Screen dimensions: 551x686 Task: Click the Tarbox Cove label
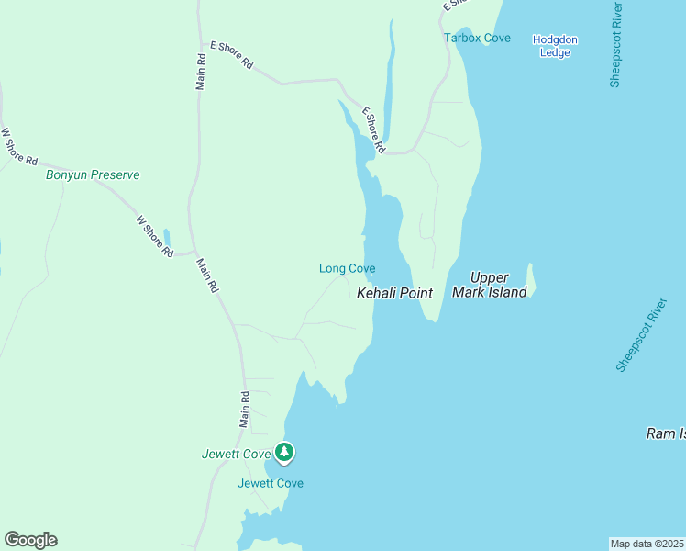tap(477, 38)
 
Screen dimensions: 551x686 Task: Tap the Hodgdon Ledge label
tap(555, 45)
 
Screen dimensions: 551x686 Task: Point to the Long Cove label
tap(347, 268)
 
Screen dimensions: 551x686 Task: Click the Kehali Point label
tap(393, 293)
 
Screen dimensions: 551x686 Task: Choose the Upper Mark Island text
tap(490, 285)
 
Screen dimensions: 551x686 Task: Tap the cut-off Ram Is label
tap(665, 433)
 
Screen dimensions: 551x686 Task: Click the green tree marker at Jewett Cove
tap(284, 452)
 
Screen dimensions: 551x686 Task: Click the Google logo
tap(30, 540)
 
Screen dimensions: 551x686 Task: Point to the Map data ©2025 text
tap(647, 543)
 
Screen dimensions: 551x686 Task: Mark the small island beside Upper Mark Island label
tap(530, 280)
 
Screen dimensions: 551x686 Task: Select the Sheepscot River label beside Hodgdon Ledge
tap(616, 45)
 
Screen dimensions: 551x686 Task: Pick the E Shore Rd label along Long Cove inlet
tap(373, 129)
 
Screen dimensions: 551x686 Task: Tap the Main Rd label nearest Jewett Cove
tap(245, 410)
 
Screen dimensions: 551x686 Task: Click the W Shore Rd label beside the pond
tap(154, 236)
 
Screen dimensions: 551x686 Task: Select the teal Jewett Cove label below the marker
tap(270, 483)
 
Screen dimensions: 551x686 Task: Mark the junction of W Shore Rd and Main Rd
tap(192, 252)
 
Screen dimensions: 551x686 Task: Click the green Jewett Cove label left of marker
tap(236, 454)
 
